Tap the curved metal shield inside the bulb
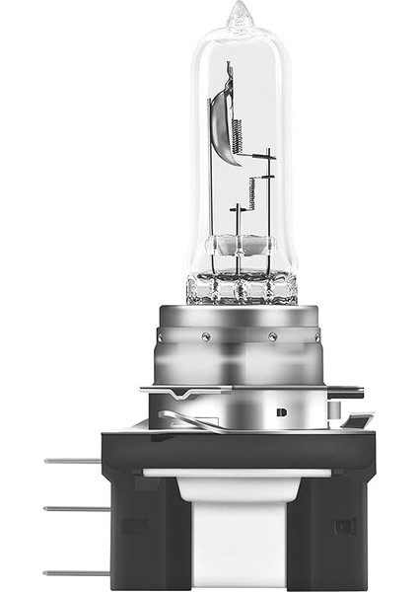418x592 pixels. tap(225, 118)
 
